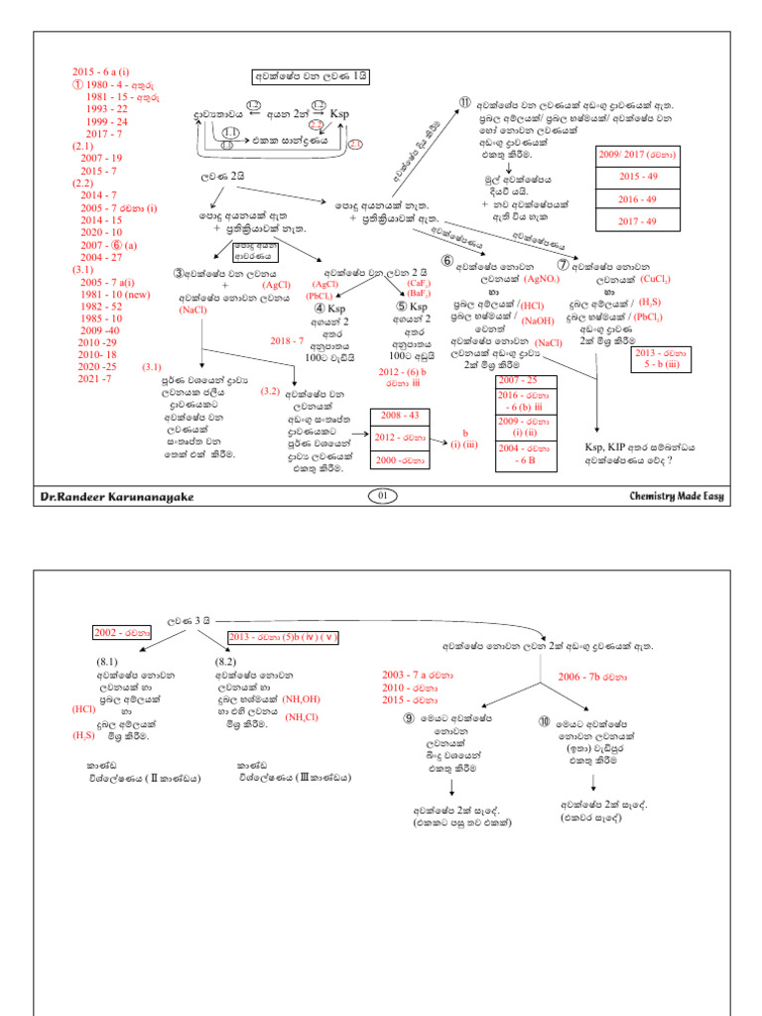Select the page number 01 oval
pyautogui.click(x=381, y=495)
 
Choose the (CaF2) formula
pyautogui.click(x=418, y=284)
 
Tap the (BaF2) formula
pyautogui.click(x=418, y=295)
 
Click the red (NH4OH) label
pyautogui.click(x=304, y=698)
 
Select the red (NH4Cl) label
pyautogui.click(x=304, y=716)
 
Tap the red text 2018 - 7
pyautogui.click(x=288, y=340)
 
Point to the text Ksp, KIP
pyautogui.click(x=607, y=447)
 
